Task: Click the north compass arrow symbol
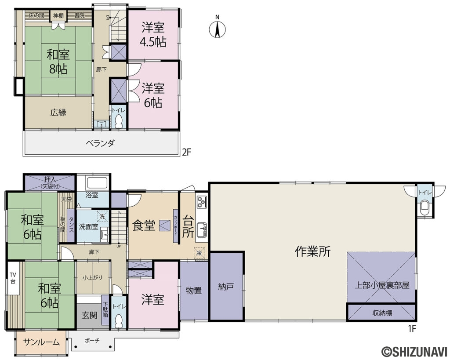click(x=217, y=29)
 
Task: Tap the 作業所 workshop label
click(x=312, y=251)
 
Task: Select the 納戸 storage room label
click(x=226, y=287)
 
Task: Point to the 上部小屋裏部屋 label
click(x=382, y=285)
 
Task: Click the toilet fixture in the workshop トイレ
click(x=424, y=208)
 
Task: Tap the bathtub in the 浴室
click(x=93, y=183)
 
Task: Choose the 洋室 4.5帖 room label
click(x=153, y=35)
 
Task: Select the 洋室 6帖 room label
click(x=153, y=95)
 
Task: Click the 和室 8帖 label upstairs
click(x=58, y=62)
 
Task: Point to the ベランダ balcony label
click(x=100, y=143)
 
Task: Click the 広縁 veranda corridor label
click(x=58, y=112)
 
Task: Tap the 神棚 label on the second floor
click(x=58, y=16)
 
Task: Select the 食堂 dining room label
click(x=144, y=225)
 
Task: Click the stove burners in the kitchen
click(x=202, y=203)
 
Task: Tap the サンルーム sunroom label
click(x=41, y=342)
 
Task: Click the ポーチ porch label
click(x=92, y=340)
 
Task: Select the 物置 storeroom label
click(x=194, y=291)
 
